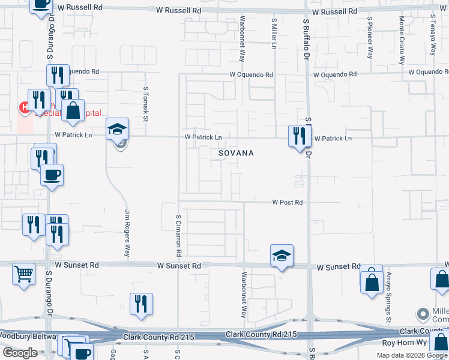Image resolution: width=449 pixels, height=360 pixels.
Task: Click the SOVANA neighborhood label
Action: click(236, 154)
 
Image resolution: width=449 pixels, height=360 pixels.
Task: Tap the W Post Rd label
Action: click(287, 203)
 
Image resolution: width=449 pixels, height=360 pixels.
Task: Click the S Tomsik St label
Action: click(146, 103)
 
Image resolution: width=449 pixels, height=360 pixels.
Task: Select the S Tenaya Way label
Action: click(432, 37)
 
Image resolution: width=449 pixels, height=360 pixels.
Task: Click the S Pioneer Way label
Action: click(370, 38)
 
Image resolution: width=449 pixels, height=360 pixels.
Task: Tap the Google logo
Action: click(20, 353)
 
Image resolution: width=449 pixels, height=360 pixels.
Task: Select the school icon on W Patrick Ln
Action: click(118, 129)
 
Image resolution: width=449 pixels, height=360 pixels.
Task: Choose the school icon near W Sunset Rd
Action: click(282, 256)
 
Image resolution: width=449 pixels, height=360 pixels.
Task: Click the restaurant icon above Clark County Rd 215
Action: click(141, 304)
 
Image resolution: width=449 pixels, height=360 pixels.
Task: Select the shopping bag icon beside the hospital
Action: click(73, 111)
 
